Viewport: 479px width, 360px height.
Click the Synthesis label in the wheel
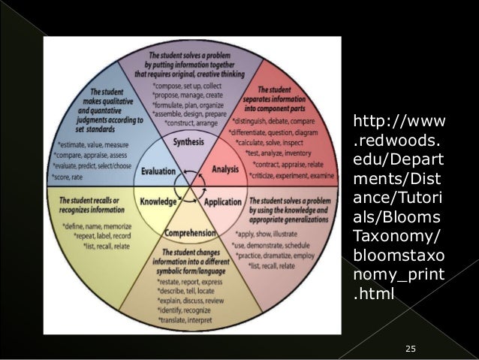188,142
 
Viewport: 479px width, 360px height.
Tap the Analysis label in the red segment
225,170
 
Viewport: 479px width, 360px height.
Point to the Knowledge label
158,201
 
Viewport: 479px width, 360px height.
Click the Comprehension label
188,233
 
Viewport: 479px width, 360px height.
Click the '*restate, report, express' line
192,281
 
